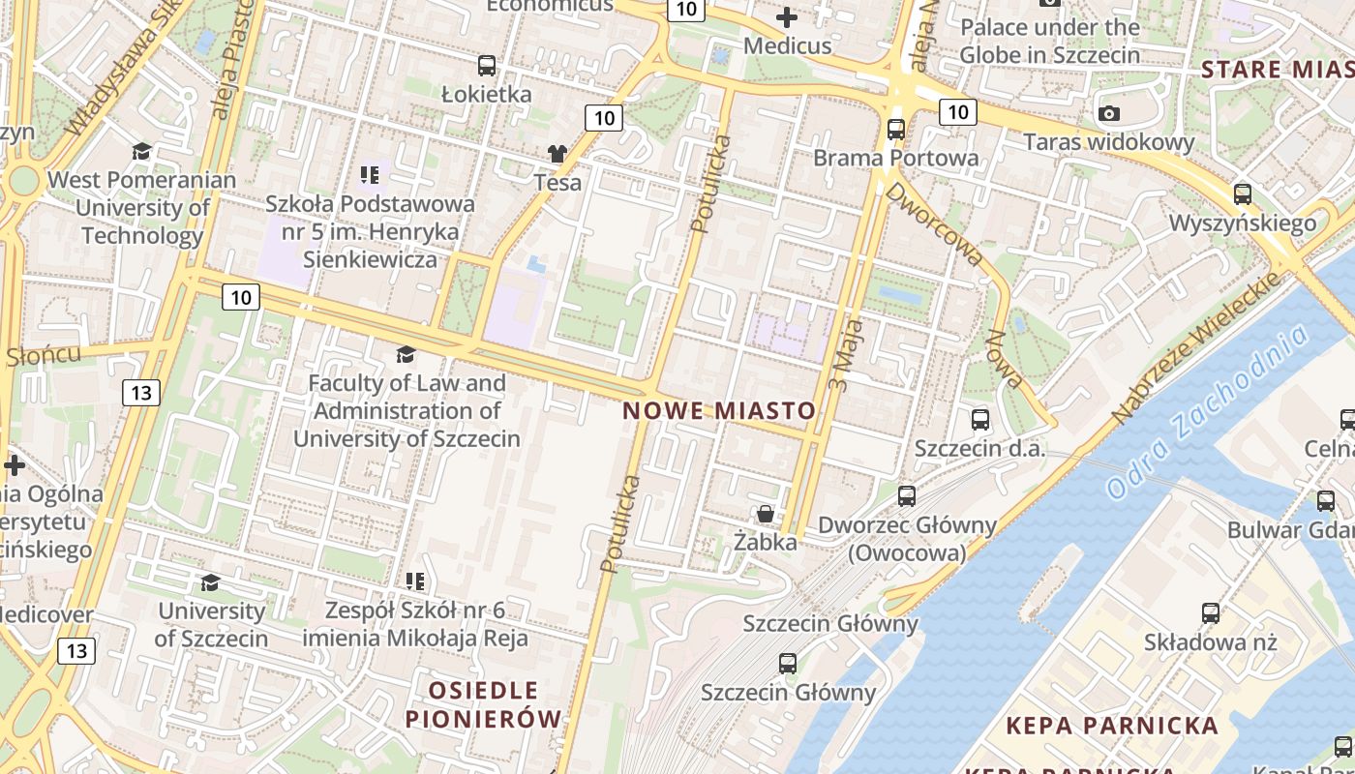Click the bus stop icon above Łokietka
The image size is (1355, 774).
(x=487, y=66)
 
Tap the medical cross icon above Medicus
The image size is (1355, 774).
(x=787, y=16)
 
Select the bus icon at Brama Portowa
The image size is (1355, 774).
(x=896, y=129)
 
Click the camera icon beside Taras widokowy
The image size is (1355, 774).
(x=1109, y=113)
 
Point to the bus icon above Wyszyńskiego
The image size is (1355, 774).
(x=1243, y=193)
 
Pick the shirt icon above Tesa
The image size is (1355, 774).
(x=557, y=153)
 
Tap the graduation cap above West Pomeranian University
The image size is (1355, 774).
(x=142, y=151)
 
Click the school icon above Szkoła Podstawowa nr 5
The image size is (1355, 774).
(x=369, y=175)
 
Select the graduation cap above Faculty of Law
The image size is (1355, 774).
(x=406, y=355)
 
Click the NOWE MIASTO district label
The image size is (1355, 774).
(x=719, y=410)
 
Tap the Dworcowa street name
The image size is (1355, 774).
(x=933, y=224)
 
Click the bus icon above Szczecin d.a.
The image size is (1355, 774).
(x=980, y=420)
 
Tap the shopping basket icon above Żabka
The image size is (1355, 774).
(x=766, y=513)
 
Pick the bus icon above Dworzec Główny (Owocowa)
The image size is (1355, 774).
(x=907, y=496)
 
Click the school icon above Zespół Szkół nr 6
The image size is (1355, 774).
(x=415, y=581)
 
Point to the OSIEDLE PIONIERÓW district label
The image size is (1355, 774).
(x=483, y=704)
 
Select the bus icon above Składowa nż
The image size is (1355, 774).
(x=1211, y=612)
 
